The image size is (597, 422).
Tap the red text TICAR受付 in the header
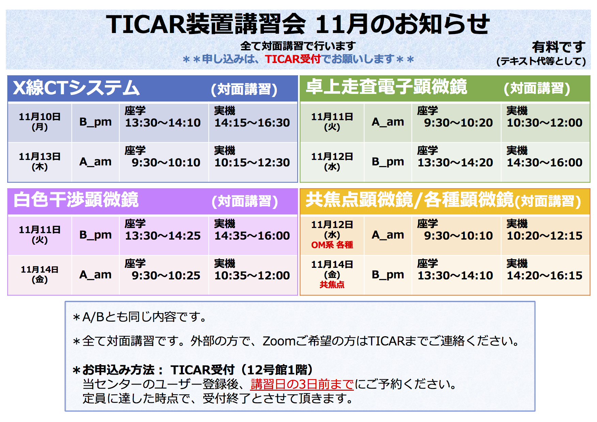click(293, 59)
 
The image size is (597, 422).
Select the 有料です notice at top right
click(559, 47)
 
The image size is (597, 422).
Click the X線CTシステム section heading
click(76, 88)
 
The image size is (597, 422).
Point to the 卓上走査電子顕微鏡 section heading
click(386, 86)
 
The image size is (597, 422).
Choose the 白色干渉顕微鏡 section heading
click(76, 199)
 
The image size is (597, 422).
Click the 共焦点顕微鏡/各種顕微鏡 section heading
click(409, 199)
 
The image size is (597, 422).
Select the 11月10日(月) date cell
click(40, 121)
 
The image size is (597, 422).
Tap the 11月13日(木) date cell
click(40, 161)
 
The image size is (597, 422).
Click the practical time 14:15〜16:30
click(252, 123)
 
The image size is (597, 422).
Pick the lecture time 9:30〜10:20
click(458, 123)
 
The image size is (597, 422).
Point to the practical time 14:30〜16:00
click(545, 162)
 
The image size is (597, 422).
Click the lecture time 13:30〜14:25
click(163, 236)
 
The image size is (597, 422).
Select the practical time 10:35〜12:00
click(252, 275)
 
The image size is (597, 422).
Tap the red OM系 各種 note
click(332, 245)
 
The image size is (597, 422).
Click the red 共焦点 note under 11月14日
click(332, 285)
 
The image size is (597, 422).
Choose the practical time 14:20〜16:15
click(545, 275)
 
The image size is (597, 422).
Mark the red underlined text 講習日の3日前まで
click(302, 384)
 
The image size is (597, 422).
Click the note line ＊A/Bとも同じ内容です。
click(140, 317)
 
